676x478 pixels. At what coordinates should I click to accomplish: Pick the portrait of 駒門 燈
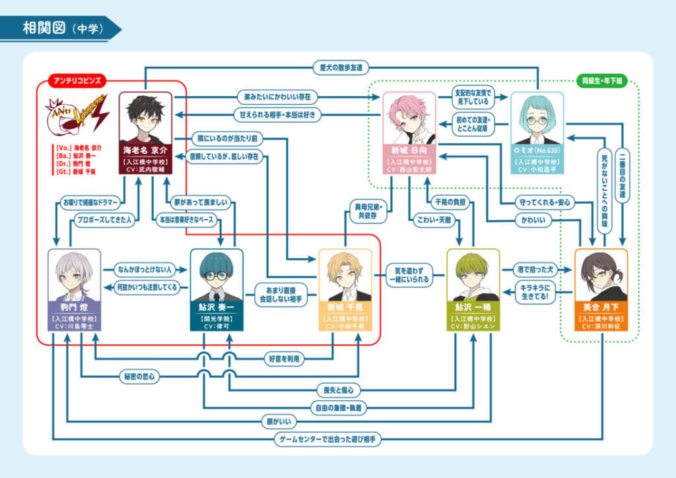point(75,276)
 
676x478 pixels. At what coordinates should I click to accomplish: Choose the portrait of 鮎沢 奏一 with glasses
point(217,276)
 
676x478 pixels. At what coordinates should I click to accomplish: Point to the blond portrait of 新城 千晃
point(345,276)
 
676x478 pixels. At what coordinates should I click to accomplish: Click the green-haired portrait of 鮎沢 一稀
point(473,276)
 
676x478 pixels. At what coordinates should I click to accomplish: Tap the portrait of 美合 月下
point(601,276)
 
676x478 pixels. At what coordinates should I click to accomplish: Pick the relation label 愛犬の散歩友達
point(341,67)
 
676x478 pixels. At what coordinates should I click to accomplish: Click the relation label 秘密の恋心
point(139,376)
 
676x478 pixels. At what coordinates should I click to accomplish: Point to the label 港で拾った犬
point(535,269)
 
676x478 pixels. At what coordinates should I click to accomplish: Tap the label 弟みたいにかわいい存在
point(277,97)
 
